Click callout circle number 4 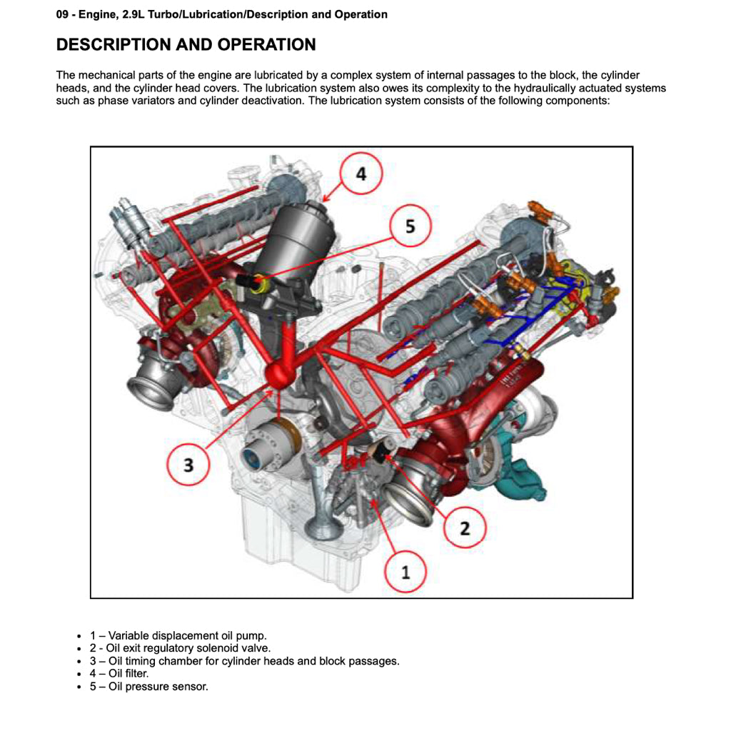click(361, 174)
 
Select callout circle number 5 click(410, 226)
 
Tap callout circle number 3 click(188, 465)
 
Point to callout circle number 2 click(465, 528)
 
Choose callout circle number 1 click(406, 572)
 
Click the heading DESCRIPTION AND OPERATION click(186, 44)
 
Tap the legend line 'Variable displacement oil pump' click(178, 635)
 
